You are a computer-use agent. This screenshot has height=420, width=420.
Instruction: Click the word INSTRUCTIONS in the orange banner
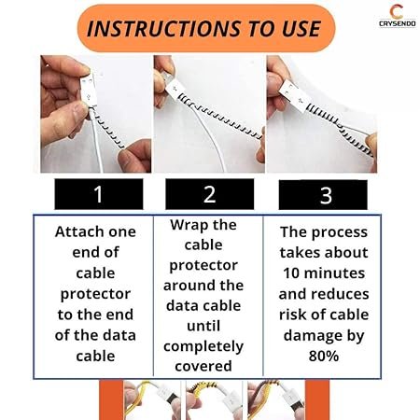(x=163, y=29)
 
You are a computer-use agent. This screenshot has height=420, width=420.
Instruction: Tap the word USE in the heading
(x=301, y=29)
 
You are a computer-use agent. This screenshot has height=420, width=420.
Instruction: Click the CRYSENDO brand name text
(x=398, y=23)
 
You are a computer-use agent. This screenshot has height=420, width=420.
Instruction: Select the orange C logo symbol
(x=397, y=12)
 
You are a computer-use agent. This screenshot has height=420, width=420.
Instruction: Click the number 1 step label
(x=98, y=194)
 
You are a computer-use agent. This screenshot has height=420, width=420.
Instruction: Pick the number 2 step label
(x=209, y=194)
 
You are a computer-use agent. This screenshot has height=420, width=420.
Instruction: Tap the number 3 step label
(x=326, y=195)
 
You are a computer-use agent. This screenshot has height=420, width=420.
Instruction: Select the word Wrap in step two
(x=187, y=226)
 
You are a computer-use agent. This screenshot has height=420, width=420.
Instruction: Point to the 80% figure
(x=324, y=356)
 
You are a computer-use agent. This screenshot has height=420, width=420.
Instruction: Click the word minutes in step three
(x=334, y=273)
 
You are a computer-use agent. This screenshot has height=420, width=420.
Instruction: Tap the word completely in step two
(x=203, y=347)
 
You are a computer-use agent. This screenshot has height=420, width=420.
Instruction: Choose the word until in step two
(x=203, y=326)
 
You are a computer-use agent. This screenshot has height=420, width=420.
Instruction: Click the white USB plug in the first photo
(x=89, y=90)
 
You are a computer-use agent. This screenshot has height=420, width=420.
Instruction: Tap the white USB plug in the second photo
(x=175, y=90)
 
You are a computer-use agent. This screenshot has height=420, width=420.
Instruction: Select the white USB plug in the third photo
(x=295, y=96)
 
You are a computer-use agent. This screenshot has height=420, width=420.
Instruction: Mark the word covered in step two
(x=203, y=366)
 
